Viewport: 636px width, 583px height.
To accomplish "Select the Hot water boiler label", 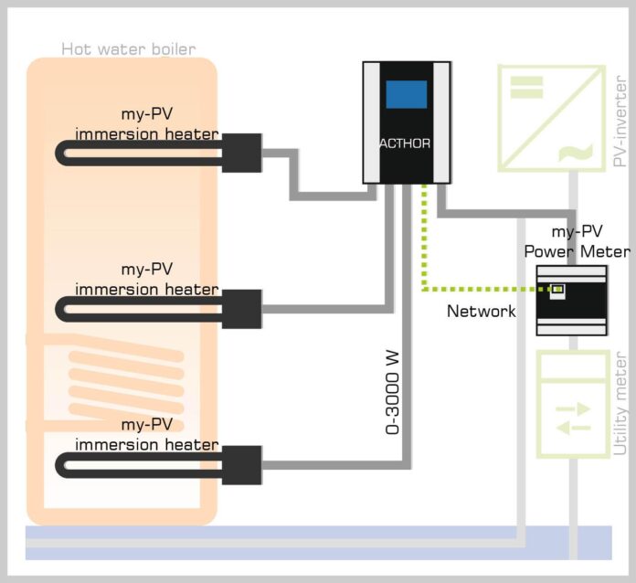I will pyautogui.click(x=128, y=48).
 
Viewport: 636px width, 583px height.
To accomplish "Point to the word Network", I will pyautogui.click(x=482, y=312).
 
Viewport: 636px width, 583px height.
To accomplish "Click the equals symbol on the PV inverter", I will pyautogui.click(x=525, y=87).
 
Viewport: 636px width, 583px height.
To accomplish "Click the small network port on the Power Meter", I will pyautogui.click(x=556, y=291).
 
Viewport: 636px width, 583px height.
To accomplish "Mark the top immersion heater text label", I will pyautogui.click(x=147, y=124).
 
